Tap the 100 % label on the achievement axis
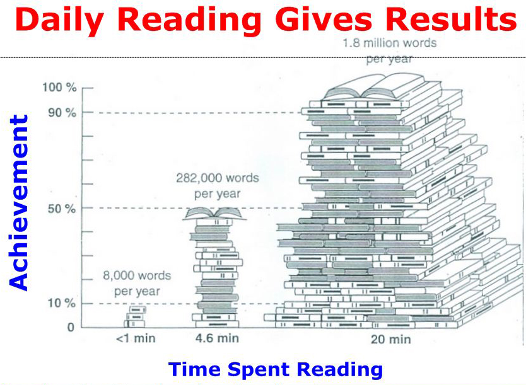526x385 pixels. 59,88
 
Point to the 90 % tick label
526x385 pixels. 62,113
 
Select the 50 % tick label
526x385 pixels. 62,209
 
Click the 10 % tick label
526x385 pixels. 62,303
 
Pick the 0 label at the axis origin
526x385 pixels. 71,327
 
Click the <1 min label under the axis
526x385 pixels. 136,338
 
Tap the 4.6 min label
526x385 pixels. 218,338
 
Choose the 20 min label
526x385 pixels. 391,340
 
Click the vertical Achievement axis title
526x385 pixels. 18,202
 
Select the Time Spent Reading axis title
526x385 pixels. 276,369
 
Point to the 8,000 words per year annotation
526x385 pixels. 137,284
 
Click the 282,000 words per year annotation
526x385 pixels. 218,186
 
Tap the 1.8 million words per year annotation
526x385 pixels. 390,51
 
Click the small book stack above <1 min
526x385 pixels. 135,317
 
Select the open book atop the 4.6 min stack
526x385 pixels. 214,214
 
